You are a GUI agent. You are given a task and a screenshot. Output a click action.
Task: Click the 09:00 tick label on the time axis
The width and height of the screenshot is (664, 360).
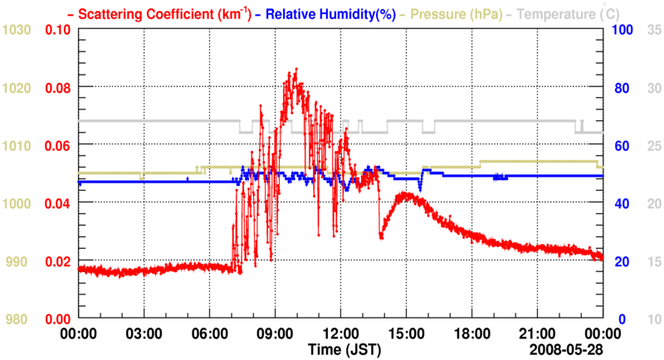275,333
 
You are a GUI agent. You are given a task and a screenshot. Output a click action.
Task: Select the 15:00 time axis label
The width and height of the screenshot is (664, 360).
406,333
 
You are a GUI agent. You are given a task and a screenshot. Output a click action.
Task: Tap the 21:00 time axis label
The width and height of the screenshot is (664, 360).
537,333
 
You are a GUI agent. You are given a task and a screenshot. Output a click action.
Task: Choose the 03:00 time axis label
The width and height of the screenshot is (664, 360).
144,333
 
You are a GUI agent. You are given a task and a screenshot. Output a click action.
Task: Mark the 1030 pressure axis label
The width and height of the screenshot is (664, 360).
17,30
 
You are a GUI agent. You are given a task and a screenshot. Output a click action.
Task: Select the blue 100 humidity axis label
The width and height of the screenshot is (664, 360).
622,30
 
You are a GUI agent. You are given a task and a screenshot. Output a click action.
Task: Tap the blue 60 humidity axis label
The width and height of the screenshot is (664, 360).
620,146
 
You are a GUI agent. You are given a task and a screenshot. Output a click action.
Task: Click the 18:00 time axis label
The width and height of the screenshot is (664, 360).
471,333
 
